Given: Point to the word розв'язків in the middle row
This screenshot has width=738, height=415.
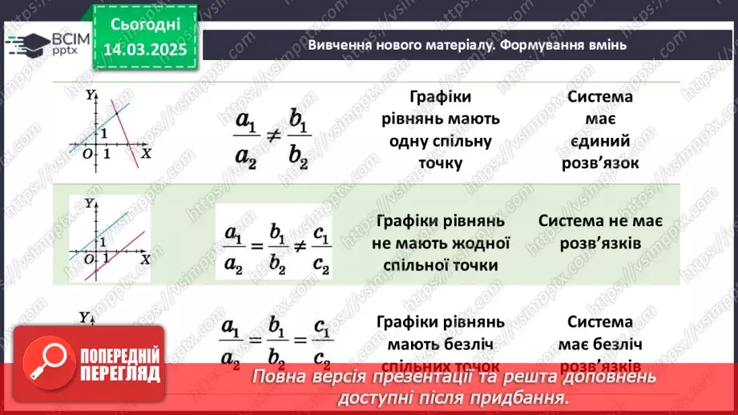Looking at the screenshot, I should tap(599, 242).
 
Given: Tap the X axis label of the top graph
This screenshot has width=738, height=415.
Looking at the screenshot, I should tap(146, 151).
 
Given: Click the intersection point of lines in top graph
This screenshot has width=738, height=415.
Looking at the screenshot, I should tap(120, 117).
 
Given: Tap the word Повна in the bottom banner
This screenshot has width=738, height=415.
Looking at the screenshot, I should tap(278, 377).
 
